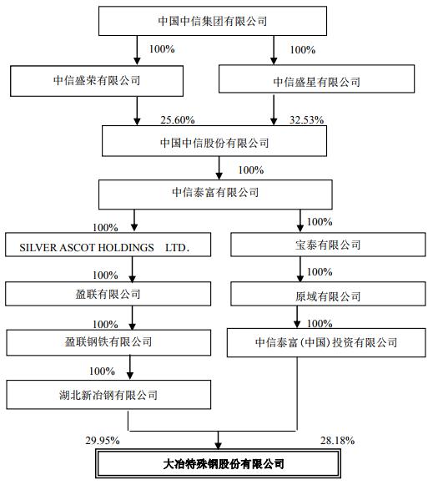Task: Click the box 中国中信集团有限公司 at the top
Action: click(213, 21)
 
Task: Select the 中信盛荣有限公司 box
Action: click(97, 81)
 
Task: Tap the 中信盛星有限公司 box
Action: click(316, 78)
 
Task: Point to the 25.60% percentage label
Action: click(178, 120)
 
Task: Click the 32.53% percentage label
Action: click(306, 120)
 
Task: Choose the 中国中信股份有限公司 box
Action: click(214, 141)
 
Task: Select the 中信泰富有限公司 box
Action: click(215, 195)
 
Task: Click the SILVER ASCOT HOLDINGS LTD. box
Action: click(108, 245)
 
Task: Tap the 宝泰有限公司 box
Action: click(328, 245)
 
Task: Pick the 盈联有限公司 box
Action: click(108, 294)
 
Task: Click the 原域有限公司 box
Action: click(328, 294)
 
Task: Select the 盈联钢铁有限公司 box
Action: click(108, 342)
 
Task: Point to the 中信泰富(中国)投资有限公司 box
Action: click(326, 343)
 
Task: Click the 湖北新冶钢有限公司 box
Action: click(108, 395)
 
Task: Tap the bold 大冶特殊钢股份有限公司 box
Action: click(218, 464)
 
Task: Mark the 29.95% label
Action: click(103, 441)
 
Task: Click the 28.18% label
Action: click(337, 441)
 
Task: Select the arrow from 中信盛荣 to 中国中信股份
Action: click(137, 111)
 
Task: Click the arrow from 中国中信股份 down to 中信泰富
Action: click(219, 168)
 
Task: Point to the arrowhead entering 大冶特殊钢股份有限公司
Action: click(219, 446)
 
